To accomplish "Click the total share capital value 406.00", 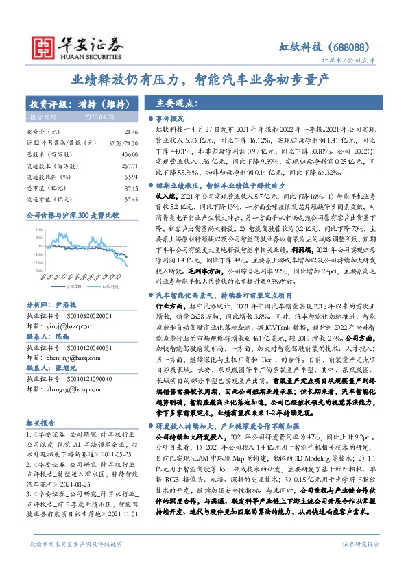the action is [x=130, y=154].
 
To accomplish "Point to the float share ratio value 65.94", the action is [x=131, y=177].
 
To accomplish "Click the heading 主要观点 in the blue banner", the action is [x=178, y=104].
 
